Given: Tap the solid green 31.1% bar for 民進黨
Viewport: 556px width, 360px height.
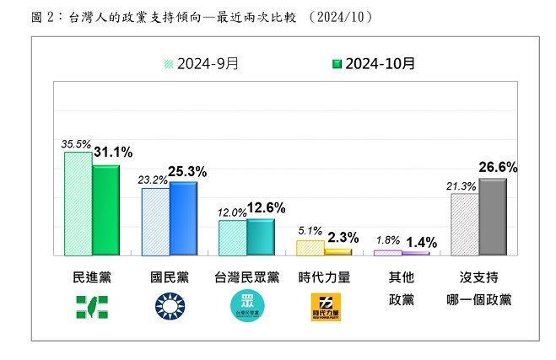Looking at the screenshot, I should point(106,210).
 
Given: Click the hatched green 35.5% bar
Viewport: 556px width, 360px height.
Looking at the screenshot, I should point(78,203).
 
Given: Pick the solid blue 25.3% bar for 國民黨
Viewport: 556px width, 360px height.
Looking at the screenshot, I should point(183,218).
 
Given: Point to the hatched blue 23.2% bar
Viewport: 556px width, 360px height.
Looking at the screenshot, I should point(155,222).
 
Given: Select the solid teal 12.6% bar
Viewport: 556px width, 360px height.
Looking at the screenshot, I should point(261,236).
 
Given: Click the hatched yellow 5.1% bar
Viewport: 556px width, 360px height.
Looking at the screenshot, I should point(310,247).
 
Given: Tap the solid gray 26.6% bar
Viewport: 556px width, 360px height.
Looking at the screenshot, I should point(493,217).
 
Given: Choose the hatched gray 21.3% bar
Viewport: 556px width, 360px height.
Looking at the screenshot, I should point(465,224).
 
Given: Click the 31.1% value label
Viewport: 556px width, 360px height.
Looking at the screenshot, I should point(113,153).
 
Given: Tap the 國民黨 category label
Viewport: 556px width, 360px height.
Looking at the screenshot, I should point(170,277).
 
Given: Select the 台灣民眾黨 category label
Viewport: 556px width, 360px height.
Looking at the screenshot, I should point(247,277).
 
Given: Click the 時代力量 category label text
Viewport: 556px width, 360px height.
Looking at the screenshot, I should point(325,277).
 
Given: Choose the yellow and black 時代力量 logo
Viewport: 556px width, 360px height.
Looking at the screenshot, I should point(325,308).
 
